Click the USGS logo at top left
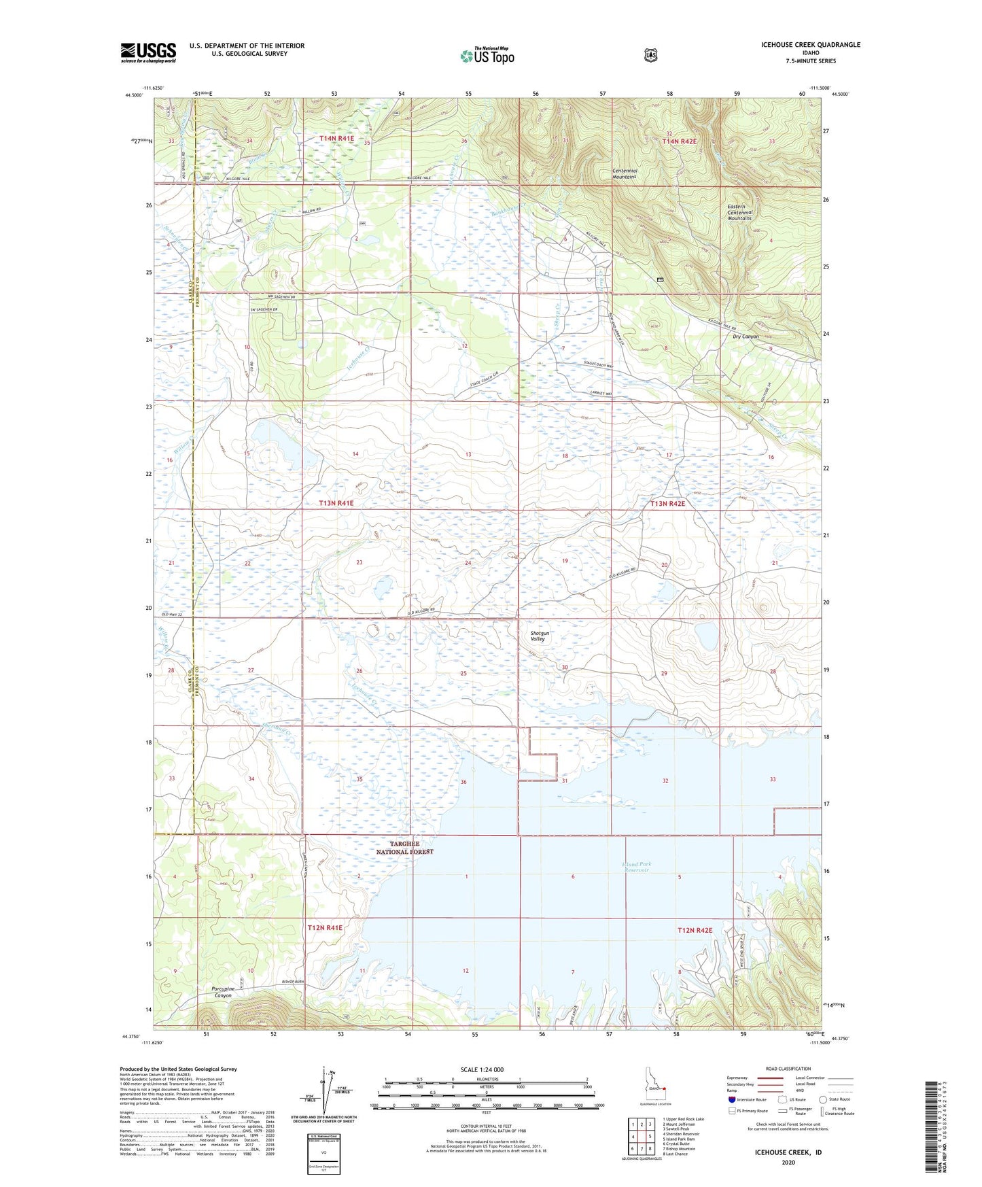(148, 52)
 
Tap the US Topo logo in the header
(487, 55)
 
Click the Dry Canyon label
(745, 337)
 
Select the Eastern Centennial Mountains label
(739, 212)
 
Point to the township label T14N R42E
(680, 141)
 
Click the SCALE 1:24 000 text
(482, 1069)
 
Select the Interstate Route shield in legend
(731, 1099)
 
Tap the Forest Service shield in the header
(650, 54)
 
